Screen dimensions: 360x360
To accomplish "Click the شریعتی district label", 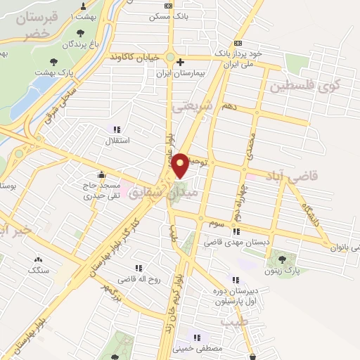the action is (x=191, y=105).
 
